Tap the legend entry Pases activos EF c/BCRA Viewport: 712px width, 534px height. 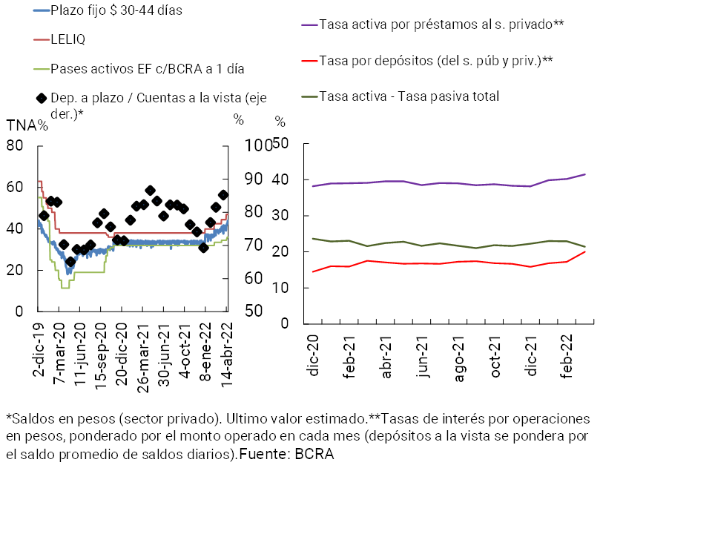click(148, 68)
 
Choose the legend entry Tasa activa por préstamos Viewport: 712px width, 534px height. click(441, 24)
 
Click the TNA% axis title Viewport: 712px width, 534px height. click(27, 125)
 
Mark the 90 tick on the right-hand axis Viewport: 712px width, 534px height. click(254, 179)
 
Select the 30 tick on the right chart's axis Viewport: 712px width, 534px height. click(280, 216)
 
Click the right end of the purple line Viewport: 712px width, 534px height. click(585, 174)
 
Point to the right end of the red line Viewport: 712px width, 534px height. click(585, 251)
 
